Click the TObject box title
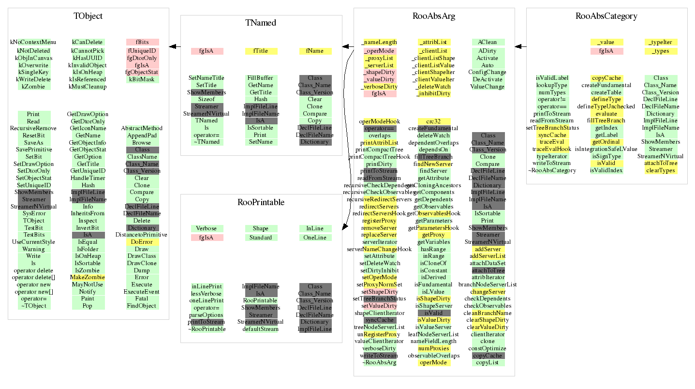point(88,16)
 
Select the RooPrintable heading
point(261,202)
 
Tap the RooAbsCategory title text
point(606,16)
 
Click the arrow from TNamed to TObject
point(175,46)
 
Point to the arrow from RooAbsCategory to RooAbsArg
point(520,46)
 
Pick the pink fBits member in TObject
point(142,42)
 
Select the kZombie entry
point(34,87)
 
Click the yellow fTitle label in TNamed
point(261,51)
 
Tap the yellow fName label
point(315,51)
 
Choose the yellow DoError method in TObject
point(142,242)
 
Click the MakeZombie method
point(88,277)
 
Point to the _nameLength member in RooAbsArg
point(380,42)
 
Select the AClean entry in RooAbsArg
point(488,42)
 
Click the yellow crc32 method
point(433,121)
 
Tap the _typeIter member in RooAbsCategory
point(661,42)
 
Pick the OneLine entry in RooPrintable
point(315,238)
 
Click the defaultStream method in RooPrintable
point(261,329)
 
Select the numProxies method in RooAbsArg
point(433,348)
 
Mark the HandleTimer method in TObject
point(88,178)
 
